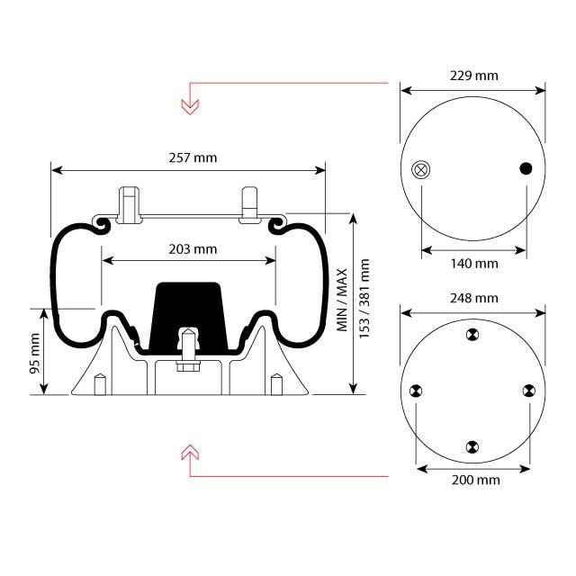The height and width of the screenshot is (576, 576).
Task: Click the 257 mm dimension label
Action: point(192,157)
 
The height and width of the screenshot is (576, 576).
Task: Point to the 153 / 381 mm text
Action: point(364,298)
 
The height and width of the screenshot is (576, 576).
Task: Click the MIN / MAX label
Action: point(343,300)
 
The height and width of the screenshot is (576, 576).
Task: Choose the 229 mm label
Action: point(473,76)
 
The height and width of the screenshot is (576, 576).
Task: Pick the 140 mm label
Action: point(473,264)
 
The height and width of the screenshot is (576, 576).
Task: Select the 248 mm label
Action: point(473,298)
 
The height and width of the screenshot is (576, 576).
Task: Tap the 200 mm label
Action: point(474,480)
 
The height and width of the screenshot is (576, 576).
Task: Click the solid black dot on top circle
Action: point(526,168)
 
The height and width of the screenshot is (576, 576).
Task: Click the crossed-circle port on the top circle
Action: point(420,169)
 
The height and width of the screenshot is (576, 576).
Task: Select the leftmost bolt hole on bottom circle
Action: point(415,391)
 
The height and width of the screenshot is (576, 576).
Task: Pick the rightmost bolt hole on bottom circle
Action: point(528,391)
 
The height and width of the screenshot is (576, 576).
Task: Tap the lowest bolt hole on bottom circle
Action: point(472,446)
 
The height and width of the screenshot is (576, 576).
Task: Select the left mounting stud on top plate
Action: point(129,202)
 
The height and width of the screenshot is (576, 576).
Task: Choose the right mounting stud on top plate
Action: point(249,202)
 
